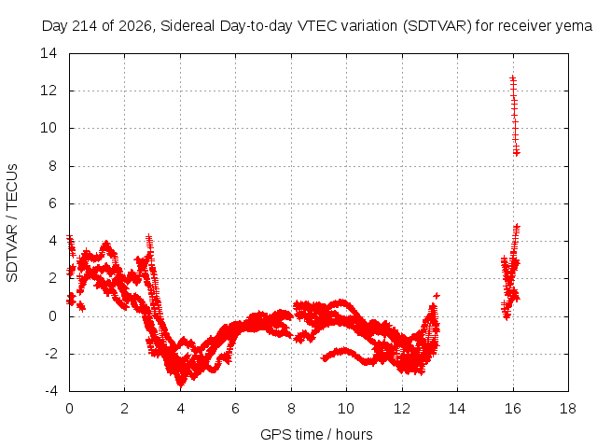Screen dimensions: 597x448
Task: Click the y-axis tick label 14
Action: pos(49,53)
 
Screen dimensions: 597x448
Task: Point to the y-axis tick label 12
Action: pos(49,91)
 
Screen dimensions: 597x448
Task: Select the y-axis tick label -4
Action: pos(49,391)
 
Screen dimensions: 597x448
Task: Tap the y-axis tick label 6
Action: pos(52,203)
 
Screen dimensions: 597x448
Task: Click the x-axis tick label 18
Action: pos(568,409)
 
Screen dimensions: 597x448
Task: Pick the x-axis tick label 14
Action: pos(457,409)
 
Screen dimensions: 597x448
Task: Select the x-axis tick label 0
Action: pos(69,409)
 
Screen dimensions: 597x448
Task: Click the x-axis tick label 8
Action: pos(291,409)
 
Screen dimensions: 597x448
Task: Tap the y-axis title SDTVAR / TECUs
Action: pos(12,223)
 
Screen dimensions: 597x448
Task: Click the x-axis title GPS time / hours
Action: pos(316,434)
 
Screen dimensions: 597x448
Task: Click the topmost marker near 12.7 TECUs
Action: pos(512,78)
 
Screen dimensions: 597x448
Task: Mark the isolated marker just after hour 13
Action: pos(437,296)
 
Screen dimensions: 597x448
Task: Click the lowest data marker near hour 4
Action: pos(180,385)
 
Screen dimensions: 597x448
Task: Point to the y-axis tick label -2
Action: pos(49,354)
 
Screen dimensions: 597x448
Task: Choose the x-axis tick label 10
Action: pos(346,409)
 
